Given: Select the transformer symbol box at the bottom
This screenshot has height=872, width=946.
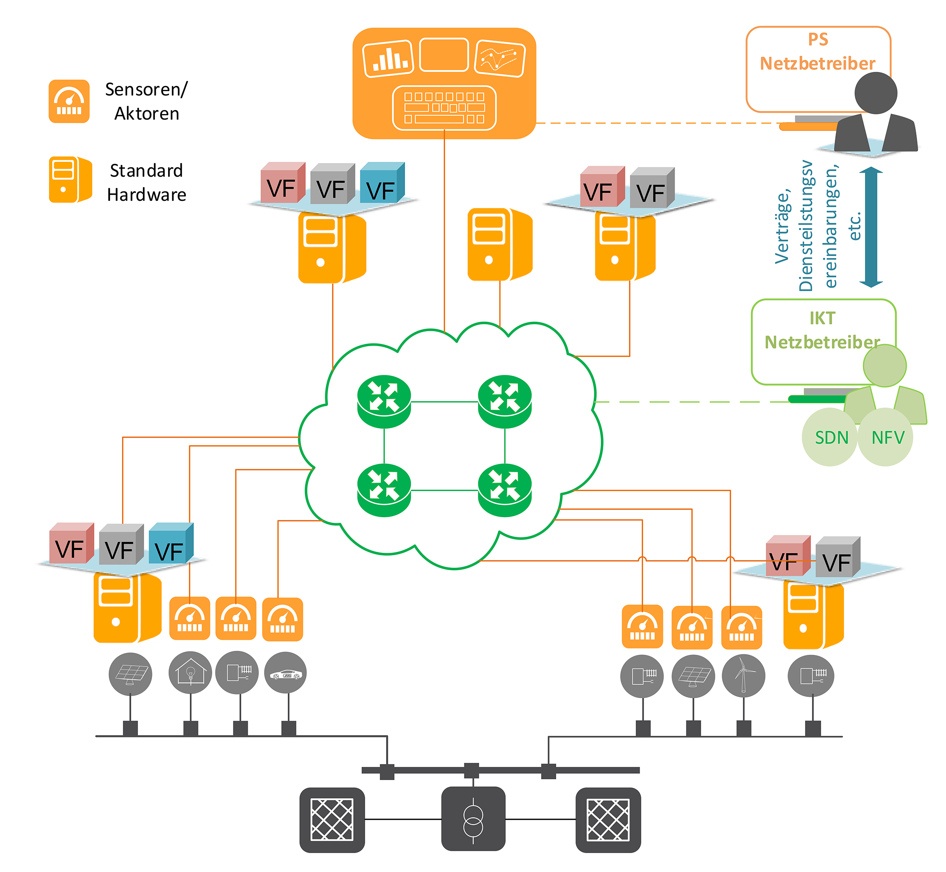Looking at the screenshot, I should tap(473, 820).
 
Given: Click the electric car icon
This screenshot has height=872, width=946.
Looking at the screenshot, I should tap(285, 673).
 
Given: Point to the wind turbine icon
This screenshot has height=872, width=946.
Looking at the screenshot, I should tap(743, 676).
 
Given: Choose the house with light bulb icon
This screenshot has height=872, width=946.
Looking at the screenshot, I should tap(190, 673).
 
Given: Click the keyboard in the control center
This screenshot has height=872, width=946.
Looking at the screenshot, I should tap(444, 108).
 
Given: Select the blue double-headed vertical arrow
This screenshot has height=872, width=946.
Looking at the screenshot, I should tap(871, 227).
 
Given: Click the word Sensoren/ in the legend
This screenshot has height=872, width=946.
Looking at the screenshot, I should tap(146, 89).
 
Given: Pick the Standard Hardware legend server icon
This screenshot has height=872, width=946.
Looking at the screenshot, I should tap(70, 180).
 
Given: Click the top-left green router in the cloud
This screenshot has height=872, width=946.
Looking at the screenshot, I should tap(384, 401).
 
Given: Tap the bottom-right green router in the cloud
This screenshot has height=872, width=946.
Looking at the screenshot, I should tap(505, 490).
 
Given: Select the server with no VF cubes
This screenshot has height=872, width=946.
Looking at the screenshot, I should tap(499, 244).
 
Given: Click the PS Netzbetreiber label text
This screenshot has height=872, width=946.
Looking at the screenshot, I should tap(817, 51).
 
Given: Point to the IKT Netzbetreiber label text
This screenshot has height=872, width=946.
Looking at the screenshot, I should tap(822, 330).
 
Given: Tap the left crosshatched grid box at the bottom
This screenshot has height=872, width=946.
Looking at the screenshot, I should tap(332, 820).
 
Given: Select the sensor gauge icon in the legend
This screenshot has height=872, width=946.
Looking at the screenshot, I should tap(69, 102).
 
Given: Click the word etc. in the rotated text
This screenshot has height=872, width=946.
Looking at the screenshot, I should tap(854, 226).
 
